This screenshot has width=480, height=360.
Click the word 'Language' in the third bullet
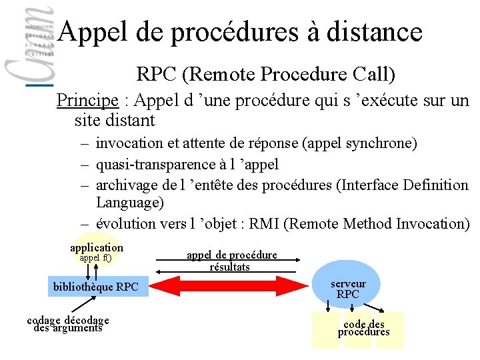pyautogui.click(x=129, y=202)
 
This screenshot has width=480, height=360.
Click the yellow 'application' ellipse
pyautogui.click(x=97, y=251)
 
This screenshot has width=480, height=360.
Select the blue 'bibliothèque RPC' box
pyautogui.click(x=96, y=287)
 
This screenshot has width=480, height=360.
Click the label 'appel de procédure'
pyautogui.click(x=231, y=255)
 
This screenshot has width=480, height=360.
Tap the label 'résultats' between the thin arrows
pyautogui.click(x=229, y=267)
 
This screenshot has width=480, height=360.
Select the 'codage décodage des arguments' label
pyautogui.click(x=68, y=324)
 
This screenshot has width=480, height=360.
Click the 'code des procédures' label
pyautogui.click(x=364, y=328)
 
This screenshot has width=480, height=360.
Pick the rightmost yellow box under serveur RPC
pyautogui.click(x=390, y=330)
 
